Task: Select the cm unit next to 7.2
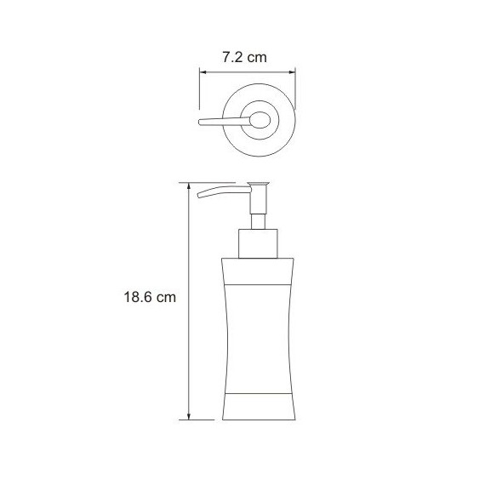click(257, 58)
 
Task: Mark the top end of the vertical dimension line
click(187, 184)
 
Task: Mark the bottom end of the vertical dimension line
click(187, 419)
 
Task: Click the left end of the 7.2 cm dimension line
click(200, 72)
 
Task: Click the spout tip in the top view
click(201, 123)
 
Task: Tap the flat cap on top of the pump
click(258, 185)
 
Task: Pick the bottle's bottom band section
click(258, 407)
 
